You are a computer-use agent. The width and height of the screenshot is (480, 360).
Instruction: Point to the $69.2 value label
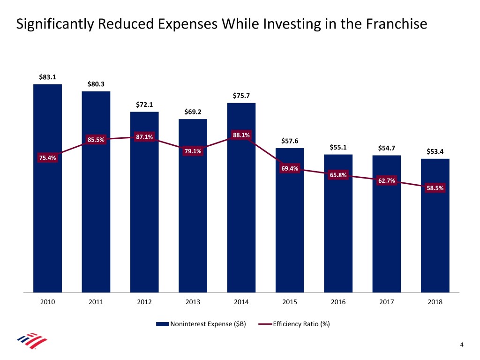pyautogui.click(x=193, y=112)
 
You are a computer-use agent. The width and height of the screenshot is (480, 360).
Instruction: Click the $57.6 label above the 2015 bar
pyautogui.click(x=290, y=141)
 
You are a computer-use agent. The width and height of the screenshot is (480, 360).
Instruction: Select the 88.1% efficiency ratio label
pyautogui.click(x=241, y=135)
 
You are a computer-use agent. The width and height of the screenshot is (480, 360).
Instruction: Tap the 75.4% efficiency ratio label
pyautogui.click(x=47, y=158)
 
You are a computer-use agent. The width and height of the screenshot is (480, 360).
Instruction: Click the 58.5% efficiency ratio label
pyautogui.click(x=435, y=188)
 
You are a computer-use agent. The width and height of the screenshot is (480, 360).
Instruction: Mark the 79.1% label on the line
pyautogui.click(x=193, y=151)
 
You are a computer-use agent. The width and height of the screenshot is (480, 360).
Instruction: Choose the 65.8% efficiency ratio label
pyautogui.click(x=338, y=175)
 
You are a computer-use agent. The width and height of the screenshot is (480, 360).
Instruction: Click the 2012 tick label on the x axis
pyautogui.click(x=144, y=302)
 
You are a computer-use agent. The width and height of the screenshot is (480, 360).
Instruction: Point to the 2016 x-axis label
pyautogui.click(x=338, y=302)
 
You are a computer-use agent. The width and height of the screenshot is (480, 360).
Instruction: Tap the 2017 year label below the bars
pyautogui.click(x=387, y=302)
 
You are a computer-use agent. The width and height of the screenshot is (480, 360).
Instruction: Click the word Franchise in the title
pyautogui.click(x=397, y=24)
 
